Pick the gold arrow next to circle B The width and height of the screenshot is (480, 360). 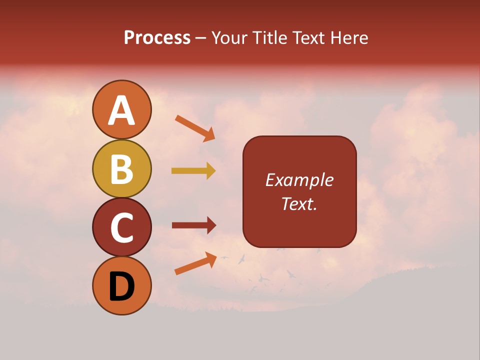(x=193, y=171)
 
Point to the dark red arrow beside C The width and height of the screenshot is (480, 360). (x=194, y=225)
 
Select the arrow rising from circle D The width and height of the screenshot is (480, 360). (x=195, y=263)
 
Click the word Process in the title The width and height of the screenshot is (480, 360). (x=157, y=38)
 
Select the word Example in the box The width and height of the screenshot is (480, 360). (x=299, y=180)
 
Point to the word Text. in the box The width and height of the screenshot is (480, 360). (x=299, y=203)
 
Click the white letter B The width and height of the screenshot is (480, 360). (x=121, y=169)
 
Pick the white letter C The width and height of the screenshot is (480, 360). (x=121, y=228)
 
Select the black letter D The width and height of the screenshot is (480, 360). (x=121, y=286)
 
